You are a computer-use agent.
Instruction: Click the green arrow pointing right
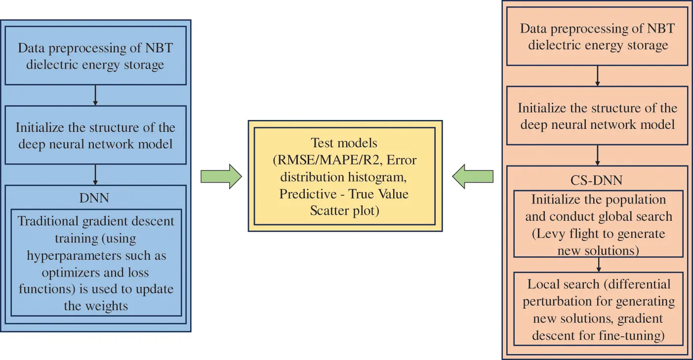pyautogui.click(x=221, y=176)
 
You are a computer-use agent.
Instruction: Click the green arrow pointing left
pyautogui.click(x=473, y=176)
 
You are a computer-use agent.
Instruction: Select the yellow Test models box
pyautogui.click(x=344, y=176)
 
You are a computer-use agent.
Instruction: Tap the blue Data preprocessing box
pyautogui.click(x=95, y=56)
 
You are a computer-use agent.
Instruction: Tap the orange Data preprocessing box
pyautogui.click(x=598, y=37)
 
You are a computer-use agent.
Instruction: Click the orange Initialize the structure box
pyautogui.click(x=598, y=116)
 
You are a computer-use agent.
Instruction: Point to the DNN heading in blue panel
pyautogui.click(x=94, y=198)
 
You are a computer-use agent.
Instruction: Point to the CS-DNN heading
pyautogui.click(x=597, y=180)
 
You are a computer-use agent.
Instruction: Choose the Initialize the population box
pyautogui.click(x=598, y=225)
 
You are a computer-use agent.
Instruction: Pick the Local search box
pyautogui.click(x=598, y=310)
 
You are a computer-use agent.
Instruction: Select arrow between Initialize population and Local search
pyautogui.click(x=598, y=265)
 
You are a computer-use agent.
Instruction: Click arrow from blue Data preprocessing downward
pyautogui.click(x=95, y=95)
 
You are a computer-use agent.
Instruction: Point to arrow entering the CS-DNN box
pyautogui.click(x=598, y=155)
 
